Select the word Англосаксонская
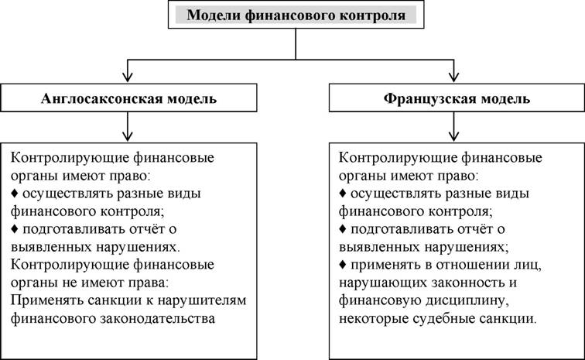[x=102, y=98]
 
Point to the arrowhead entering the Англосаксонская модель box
[x=128, y=77]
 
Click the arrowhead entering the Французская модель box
[x=453, y=77]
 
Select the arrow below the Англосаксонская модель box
[x=128, y=127]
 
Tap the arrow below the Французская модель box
[x=453, y=127]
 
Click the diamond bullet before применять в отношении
[x=343, y=265]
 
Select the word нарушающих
[x=383, y=283]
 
